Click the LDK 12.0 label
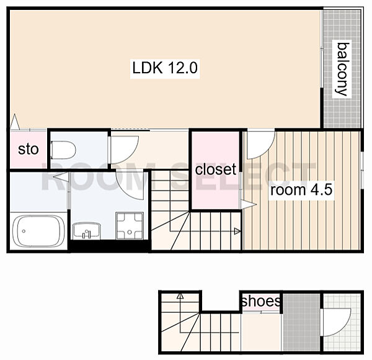click(165, 68)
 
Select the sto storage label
click(29, 149)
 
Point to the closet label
click(215, 169)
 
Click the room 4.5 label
click(301, 190)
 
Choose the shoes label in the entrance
click(260, 301)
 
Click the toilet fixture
click(63, 150)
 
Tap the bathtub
click(38, 231)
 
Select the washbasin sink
click(87, 230)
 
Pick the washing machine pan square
click(130, 225)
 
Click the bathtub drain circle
click(24, 231)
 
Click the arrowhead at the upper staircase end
click(237, 231)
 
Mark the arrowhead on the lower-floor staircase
click(180, 296)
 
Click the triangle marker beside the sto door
click(15, 122)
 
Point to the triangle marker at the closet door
click(249, 204)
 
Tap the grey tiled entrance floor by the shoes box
click(301, 322)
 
